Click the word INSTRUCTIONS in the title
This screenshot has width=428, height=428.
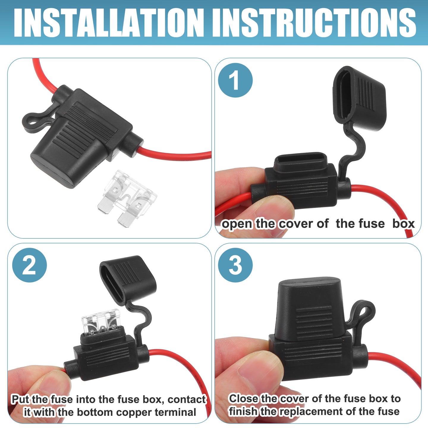pos(314,23)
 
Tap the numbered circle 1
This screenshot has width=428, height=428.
pos(235,80)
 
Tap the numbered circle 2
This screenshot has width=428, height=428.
pos(29,265)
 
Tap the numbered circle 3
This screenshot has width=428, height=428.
pos(235,265)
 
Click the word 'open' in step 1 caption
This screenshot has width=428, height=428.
pos(237,224)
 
